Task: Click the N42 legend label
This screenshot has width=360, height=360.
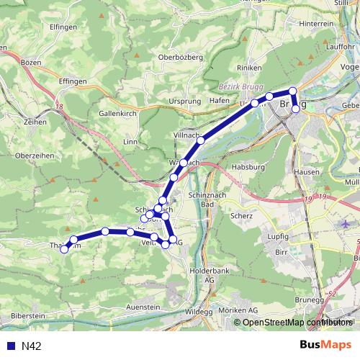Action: tap(32, 346)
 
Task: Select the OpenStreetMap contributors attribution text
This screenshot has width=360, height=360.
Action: tap(294, 323)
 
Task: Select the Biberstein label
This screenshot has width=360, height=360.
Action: tap(30, 315)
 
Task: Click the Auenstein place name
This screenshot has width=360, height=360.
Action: tap(143, 307)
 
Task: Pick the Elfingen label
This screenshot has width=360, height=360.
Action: tap(63, 27)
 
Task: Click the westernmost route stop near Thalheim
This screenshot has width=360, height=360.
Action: tap(64, 249)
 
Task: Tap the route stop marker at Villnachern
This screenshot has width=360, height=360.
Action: tap(201, 140)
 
